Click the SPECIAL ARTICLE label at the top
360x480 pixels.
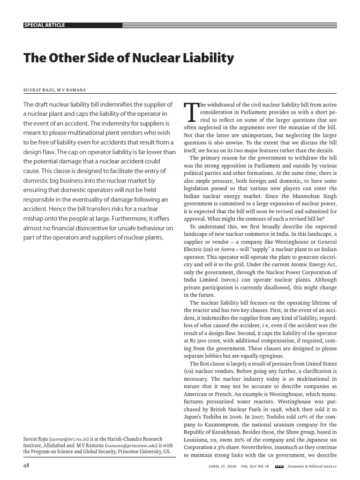pos(45,25)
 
